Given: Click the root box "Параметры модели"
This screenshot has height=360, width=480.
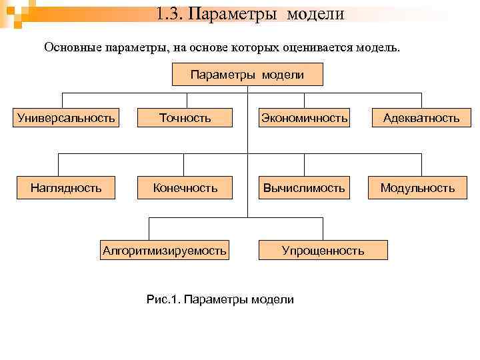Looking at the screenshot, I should tap(247, 75).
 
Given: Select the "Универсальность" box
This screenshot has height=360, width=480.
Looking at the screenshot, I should tap(66, 118).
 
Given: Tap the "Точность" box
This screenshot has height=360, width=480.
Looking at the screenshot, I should tap(185, 118).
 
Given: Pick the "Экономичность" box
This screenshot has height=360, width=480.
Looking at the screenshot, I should tap(305, 118).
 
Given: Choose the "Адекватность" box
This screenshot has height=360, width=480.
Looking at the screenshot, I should tap(421, 118).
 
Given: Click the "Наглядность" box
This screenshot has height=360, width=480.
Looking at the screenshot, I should tap(66, 188).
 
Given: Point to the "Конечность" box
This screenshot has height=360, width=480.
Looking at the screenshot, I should tap(185, 188).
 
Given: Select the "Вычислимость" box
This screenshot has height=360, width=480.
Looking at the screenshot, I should tap(305, 188).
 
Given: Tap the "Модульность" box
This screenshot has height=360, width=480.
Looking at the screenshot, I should tap(417, 188).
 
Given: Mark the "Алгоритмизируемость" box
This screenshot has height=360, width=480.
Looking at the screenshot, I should tap(164, 250).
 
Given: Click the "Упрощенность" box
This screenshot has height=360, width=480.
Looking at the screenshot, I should tap(323, 250).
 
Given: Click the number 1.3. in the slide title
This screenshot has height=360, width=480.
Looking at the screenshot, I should tap(170, 13).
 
